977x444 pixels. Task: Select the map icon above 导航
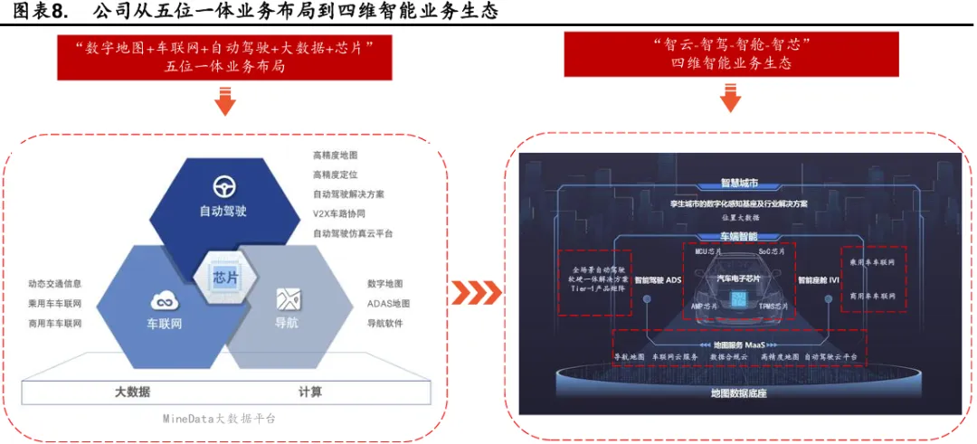point(289,298)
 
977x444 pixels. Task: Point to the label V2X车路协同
point(339,213)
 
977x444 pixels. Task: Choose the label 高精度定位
point(336,174)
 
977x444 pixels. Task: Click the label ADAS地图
point(388,303)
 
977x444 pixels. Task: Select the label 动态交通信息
point(54,284)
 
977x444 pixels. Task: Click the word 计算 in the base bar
point(310,392)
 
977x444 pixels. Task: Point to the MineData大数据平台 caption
point(219,418)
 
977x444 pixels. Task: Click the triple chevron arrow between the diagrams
point(476,292)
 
